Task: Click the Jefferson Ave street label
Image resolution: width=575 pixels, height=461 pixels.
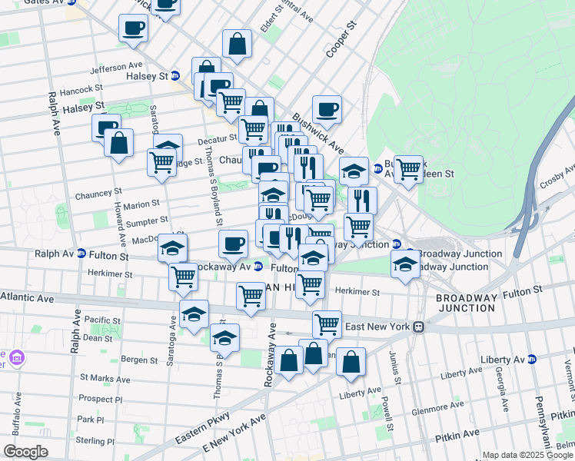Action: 117,68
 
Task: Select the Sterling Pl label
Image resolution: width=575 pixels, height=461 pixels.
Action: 97,442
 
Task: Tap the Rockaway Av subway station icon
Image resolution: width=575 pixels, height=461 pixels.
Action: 258,267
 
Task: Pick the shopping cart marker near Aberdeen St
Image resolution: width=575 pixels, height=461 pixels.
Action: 408,168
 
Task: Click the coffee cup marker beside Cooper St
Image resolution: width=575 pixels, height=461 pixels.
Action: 327,109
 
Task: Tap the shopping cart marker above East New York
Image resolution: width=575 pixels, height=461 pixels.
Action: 327,323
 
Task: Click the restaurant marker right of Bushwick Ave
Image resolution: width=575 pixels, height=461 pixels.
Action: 362,200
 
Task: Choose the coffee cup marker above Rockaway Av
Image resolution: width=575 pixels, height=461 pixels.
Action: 233,244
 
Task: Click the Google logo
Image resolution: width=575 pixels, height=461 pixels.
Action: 25,452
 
